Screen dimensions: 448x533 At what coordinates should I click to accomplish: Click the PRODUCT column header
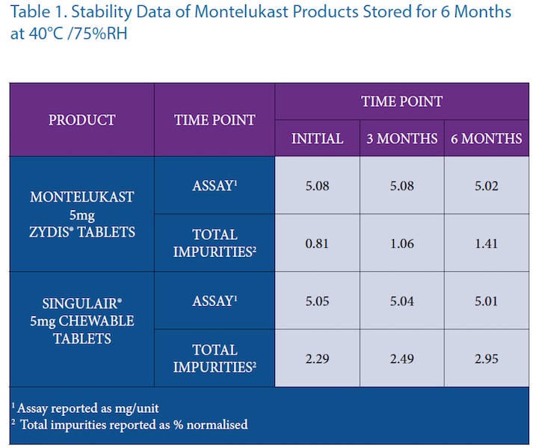click(82, 120)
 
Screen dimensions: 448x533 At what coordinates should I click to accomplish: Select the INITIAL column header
click(317, 139)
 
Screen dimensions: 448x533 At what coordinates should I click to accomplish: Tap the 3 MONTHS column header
click(401, 139)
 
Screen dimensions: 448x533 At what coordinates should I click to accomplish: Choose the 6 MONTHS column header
click(486, 139)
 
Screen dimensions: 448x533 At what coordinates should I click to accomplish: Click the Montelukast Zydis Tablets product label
click(82, 214)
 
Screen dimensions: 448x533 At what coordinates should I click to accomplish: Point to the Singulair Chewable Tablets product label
click(82, 321)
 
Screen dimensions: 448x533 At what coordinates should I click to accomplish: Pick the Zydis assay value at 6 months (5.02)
click(486, 185)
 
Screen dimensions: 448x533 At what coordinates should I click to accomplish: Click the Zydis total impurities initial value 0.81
click(317, 243)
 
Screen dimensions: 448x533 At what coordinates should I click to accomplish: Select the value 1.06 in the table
click(401, 243)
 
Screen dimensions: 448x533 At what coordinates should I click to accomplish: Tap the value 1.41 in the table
click(486, 243)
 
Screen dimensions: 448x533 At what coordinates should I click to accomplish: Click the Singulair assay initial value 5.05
click(317, 301)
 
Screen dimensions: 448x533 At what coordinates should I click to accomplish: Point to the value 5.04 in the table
click(401, 301)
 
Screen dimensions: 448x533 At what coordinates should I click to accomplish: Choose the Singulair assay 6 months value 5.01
click(486, 301)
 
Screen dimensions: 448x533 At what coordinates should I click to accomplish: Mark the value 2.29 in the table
click(317, 358)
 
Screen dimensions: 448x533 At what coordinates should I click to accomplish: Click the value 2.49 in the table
click(401, 358)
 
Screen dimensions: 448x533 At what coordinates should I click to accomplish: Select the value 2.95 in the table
click(486, 358)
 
